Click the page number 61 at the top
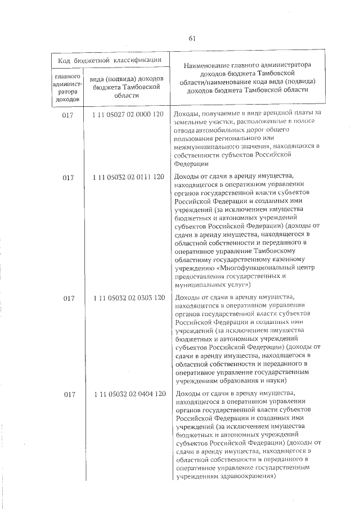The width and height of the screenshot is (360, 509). click(x=192, y=38)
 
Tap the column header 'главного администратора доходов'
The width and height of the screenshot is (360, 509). click(x=68, y=87)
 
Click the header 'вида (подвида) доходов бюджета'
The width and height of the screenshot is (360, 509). click(x=127, y=87)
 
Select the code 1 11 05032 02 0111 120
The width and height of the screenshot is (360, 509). click(x=128, y=177)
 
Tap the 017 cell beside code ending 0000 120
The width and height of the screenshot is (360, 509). click(x=68, y=114)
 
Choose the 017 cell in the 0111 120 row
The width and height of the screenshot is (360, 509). click(x=68, y=178)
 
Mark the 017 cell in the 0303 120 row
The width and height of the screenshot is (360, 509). click(x=69, y=298)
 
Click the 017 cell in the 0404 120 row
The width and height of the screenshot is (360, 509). click(x=69, y=394)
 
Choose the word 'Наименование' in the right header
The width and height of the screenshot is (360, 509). click(x=207, y=65)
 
